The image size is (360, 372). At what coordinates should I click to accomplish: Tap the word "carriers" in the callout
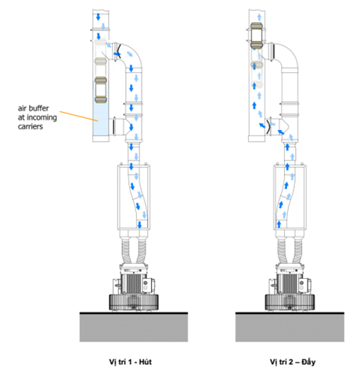point(31,127)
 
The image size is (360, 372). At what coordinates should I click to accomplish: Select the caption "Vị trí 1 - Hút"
point(130,362)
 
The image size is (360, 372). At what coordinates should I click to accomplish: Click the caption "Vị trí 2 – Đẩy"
point(293,362)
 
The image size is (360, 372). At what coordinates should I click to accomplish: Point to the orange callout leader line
point(79,116)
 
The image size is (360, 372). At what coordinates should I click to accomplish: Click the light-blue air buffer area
point(101,119)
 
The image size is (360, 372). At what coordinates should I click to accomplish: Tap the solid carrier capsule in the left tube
point(100,90)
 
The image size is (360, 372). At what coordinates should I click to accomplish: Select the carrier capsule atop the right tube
point(257,36)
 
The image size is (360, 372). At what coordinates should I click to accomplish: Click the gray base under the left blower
point(134,327)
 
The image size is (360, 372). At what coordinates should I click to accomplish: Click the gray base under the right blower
point(290,327)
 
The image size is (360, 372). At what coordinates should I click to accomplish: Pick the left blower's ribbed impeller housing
point(134,302)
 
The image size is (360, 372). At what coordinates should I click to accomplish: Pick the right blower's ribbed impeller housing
point(290,302)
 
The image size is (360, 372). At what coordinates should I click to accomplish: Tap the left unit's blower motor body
point(133,283)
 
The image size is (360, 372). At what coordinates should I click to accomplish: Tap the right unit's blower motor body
point(290,283)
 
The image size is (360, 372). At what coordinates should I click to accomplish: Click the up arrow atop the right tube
point(259,17)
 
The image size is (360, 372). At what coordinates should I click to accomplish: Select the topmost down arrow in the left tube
point(98,17)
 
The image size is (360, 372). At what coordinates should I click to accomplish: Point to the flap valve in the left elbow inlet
point(117,52)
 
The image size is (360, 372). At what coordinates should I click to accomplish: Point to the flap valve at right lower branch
point(269,125)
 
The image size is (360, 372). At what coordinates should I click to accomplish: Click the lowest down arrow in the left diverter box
point(139,225)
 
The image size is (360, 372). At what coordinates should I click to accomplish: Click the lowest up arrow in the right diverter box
point(279,224)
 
